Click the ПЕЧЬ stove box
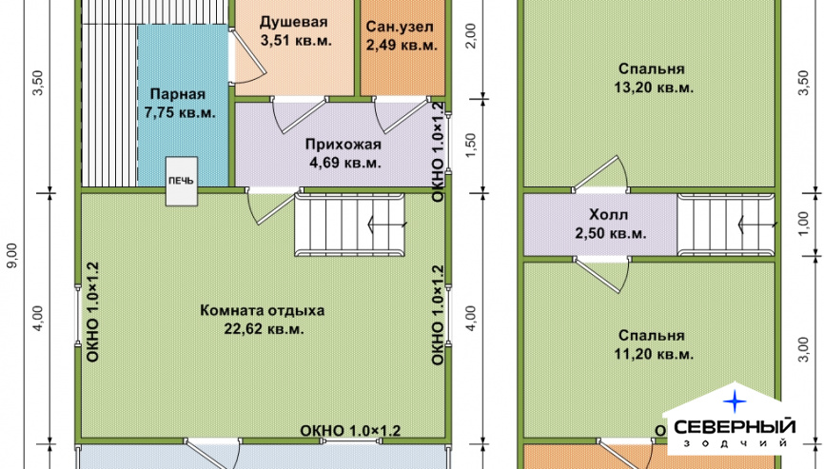182,181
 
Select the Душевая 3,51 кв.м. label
294,31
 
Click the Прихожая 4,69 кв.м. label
343,153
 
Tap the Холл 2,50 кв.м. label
609,224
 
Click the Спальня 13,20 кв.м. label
652,78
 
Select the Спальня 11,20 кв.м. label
652,344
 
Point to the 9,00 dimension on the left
12,255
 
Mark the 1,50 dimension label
470,145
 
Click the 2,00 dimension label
471,36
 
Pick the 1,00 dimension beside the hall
803,225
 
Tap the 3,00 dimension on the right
803,349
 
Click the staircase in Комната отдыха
349,225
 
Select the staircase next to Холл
726,225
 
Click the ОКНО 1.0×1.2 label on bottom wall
350,431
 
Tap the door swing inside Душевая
247,57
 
